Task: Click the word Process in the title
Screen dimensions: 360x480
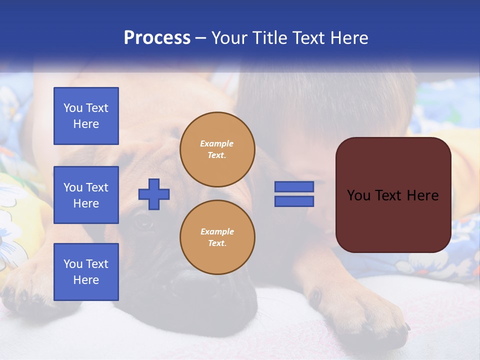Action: (x=157, y=38)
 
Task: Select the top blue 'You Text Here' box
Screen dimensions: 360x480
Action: (x=86, y=116)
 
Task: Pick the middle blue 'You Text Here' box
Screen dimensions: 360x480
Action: (x=86, y=195)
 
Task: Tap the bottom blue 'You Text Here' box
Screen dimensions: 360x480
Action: (x=86, y=272)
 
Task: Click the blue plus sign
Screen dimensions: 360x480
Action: (x=154, y=194)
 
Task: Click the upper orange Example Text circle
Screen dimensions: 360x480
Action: (x=217, y=149)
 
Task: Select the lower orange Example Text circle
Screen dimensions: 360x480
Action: (x=217, y=237)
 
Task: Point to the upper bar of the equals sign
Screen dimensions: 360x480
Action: (x=294, y=186)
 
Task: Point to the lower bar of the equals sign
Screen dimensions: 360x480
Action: (x=294, y=201)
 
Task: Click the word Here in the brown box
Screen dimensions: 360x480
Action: (x=422, y=195)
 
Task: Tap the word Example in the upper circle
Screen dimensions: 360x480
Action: (x=217, y=143)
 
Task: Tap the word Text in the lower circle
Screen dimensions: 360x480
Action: (x=217, y=243)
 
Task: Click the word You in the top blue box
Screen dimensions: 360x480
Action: (x=72, y=108)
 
